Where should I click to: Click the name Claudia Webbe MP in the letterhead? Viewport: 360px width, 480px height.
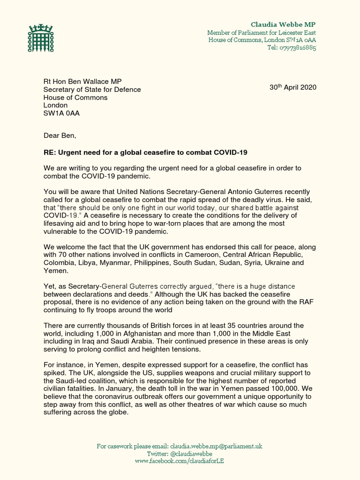tap(283, 24)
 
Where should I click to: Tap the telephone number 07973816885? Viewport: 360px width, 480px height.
tap(291, 48)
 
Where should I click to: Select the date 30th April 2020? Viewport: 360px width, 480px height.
tap(292, 88)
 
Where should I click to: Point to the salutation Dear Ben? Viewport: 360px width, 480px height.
tap(60, 136)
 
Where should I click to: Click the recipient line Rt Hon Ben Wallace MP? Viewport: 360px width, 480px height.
tap(82, 82)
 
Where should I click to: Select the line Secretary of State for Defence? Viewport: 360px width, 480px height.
tap(92, 90)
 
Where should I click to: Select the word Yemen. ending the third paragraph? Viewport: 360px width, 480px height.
tap(56, 270)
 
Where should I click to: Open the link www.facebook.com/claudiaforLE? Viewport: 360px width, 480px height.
tap(180, 461)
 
